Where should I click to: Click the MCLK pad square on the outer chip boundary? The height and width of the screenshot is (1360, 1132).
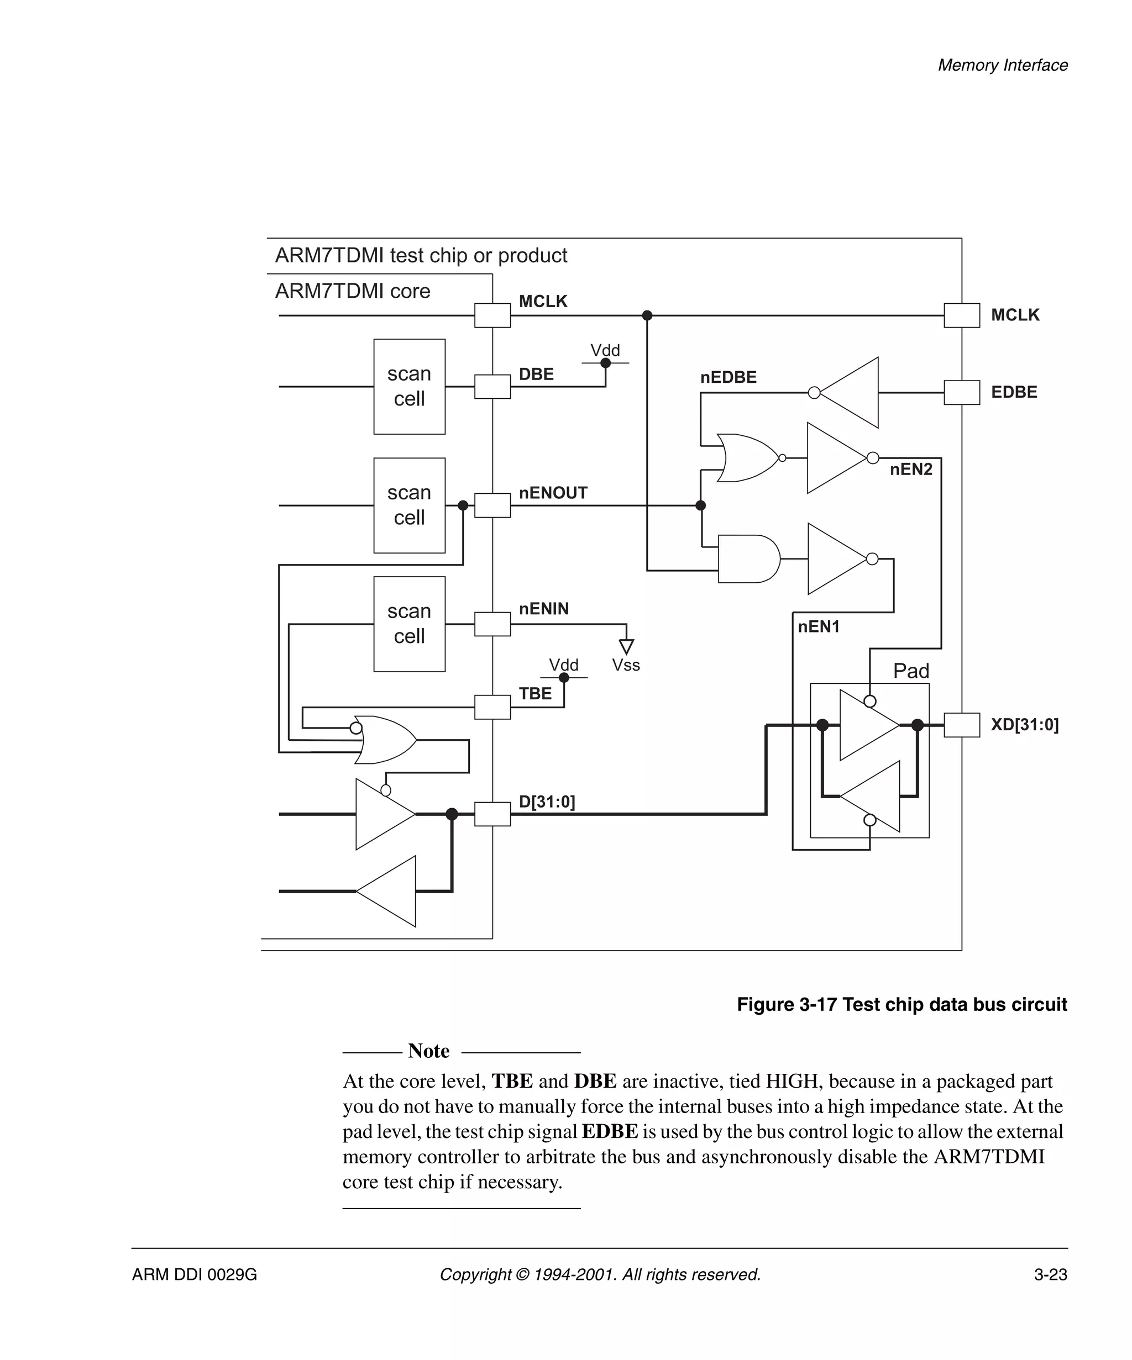tap(961, 315)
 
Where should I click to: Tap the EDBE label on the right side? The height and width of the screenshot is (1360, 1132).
tap(1013, 392)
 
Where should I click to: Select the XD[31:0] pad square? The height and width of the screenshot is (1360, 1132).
tap(961, 725)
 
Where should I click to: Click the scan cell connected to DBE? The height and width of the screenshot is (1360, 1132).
tap(409, 387)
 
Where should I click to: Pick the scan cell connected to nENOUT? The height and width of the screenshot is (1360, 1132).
tap(409, 505)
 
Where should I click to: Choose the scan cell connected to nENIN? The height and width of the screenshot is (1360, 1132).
tap(409, 624)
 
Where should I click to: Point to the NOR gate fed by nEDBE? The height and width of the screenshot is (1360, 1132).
tap(746, 458)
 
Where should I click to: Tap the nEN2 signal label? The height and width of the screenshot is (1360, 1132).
tap(910, 470)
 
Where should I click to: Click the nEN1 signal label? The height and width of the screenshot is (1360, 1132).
tap(819, 626)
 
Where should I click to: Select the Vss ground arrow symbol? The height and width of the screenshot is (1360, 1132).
tap(626, 646)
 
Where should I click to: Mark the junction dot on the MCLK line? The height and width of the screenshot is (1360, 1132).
tap(647, 315)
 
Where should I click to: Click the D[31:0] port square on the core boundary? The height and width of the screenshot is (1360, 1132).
tap(492, 814)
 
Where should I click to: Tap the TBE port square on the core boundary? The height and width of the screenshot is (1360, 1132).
tap(492, 707)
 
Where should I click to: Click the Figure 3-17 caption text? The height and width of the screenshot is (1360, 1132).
tap(902, 1004)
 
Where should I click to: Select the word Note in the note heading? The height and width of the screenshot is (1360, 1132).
tap(428, 1051)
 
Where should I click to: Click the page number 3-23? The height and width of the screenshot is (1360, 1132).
tap(1050, 1274)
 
